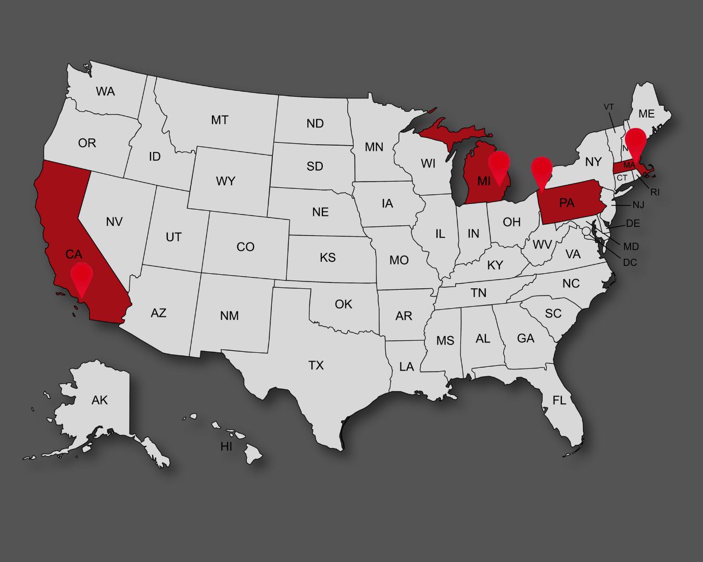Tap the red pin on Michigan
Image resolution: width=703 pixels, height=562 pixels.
[499, 164]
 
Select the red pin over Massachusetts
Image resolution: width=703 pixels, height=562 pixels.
[636, 142]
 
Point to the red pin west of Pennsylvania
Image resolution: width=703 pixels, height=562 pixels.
[542, 171]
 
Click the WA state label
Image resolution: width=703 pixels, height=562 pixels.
[105, 92]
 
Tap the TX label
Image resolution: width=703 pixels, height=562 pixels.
[316, 365]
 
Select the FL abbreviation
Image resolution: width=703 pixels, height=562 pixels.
[559, 400]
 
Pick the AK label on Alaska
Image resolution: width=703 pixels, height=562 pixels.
[99, 400]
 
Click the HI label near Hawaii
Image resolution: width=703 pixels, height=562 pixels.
[227, 446]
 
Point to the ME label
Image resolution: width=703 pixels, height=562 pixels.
[646, 113]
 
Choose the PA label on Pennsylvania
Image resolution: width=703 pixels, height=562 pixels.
[567, 203]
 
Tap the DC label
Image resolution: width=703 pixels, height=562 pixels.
[630, 262]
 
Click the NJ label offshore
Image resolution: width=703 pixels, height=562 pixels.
[638, 205]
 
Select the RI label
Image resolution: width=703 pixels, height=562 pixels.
[655, 192]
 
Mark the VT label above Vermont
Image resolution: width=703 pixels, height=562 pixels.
[609, 107]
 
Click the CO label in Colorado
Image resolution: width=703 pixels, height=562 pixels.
[245, 247]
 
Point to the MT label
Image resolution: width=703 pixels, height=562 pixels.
[220, 120]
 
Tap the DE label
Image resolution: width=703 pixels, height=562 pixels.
[633, 223]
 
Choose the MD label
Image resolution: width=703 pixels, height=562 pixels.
[631, 246]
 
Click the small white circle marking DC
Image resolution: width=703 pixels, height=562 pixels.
[586, 231]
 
